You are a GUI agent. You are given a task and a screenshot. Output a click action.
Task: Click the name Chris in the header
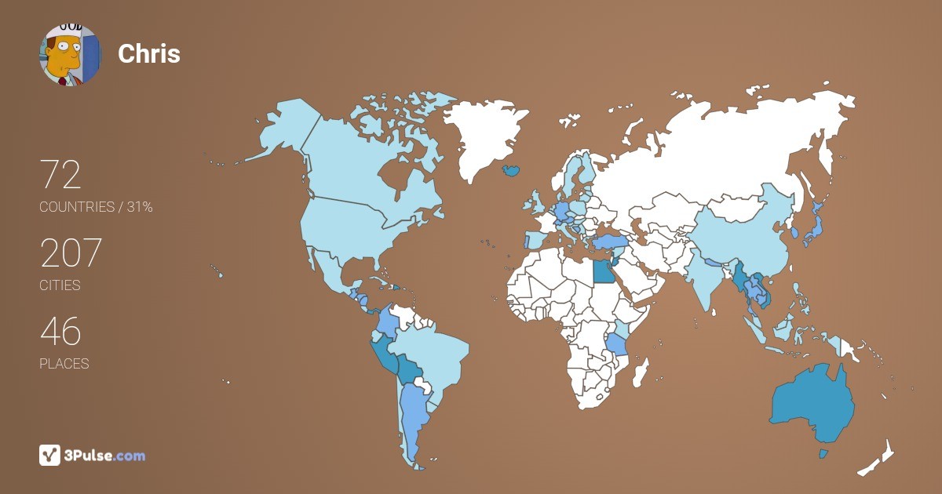coord(149,53)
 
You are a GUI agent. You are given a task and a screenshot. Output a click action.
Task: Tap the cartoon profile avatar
coord(70,54)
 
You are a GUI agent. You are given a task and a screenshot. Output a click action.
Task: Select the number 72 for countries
coord(60,175)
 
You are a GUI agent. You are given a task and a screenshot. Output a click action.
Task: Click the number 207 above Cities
coord(71,253)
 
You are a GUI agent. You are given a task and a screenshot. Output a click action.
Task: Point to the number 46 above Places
coord(60,332)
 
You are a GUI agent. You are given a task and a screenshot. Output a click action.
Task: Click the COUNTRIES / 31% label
coord(96,207)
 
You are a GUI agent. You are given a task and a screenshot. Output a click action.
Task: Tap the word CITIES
coord(60,285)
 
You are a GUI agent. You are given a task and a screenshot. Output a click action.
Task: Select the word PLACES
coord(64,364)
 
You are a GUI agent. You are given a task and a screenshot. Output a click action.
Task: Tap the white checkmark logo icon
coord(49,456)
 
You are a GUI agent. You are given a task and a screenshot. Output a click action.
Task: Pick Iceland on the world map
coord(511,169)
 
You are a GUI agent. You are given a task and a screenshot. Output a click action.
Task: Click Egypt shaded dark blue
coord(603,271)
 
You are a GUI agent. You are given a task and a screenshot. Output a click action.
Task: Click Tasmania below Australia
coord(823,454)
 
